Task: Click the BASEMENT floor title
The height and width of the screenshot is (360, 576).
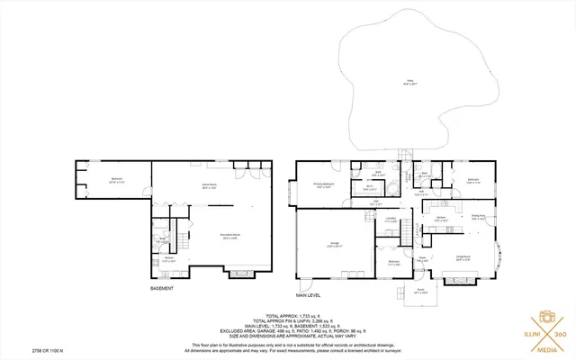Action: tap(162, 289)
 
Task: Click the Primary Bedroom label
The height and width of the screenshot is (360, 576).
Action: tap(324, 185)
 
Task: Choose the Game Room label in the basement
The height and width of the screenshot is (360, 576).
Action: tap(207, 187)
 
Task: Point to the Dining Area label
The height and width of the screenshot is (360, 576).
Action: tap(479, 217)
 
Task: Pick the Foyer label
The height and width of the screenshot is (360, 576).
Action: tap(419, 261)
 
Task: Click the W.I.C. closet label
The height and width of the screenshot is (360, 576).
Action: tap(368, 189)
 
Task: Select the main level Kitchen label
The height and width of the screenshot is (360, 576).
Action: tap(442, 218)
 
